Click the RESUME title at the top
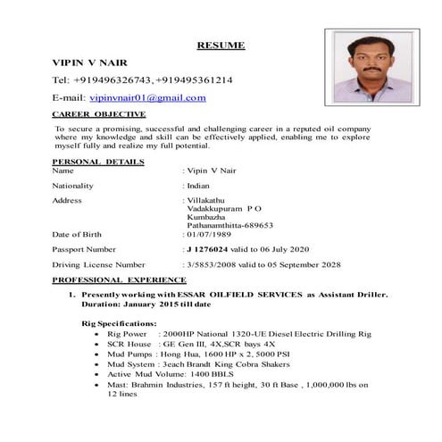point(221,45)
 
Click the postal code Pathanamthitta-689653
point(229,225)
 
